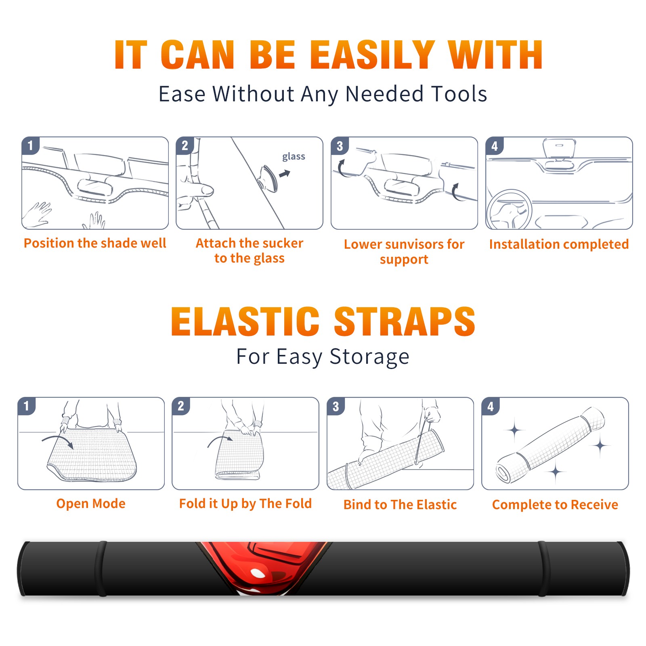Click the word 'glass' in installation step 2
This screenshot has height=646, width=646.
(294, 157)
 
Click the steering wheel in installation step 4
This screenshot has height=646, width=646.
(509, 210)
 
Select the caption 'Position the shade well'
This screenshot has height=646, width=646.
(95, 243)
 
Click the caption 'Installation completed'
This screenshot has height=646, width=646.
(559, 244)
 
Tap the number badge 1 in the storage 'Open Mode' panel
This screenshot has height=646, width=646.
(27, 406)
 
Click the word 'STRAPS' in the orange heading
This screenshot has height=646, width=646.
(405, 321)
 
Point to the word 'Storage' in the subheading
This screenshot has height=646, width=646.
(369, 357)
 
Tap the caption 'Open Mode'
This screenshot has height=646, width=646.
(91, 503)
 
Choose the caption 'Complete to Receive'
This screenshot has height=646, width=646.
(555, 505)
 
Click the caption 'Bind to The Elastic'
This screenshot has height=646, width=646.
(400, 505)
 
